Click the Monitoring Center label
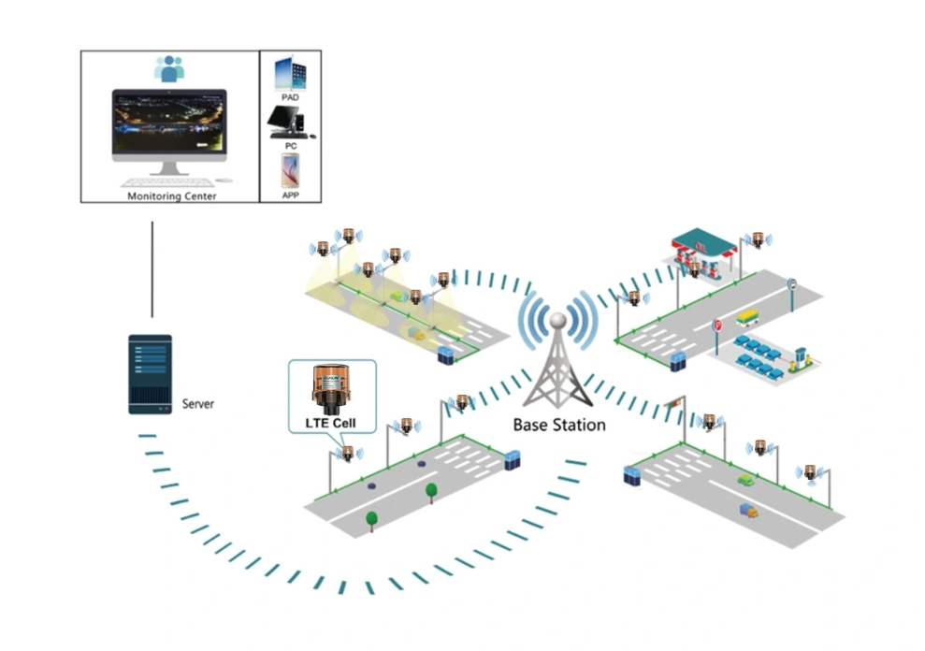[171, 196]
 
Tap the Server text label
[197, 404]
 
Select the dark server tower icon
[150, 373]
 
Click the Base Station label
[559, 425]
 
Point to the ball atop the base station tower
[557, 320]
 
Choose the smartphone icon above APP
[290, 171]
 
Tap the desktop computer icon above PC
[289, 120]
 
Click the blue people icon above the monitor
[169, 67]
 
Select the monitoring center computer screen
[169, 123]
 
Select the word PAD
[290, 96]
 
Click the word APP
[290, 195]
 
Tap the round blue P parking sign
[792, 282]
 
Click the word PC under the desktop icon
[290, 145]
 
